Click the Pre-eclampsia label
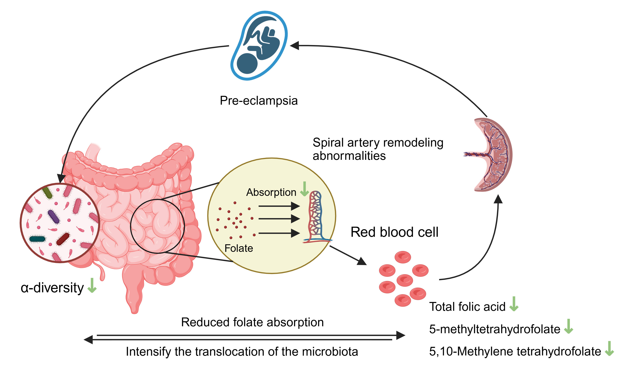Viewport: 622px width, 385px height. pos(258,101)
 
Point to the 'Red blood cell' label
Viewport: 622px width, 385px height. pos(394,232)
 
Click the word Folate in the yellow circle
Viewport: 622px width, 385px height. pos(239,248)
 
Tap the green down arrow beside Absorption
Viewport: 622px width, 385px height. pos(304,189)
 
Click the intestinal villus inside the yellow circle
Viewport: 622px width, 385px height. pos(316,216)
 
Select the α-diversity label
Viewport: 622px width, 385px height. pos(52,288)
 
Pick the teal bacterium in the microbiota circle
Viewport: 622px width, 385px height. pos(37,239)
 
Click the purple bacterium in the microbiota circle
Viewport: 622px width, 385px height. pos(54,216)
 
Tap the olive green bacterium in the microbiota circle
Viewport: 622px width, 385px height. pos(47,192)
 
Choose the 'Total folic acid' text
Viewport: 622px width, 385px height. pos(467,307)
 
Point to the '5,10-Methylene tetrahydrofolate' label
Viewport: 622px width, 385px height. pos(515,351)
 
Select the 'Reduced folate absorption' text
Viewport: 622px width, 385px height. pos(252,322)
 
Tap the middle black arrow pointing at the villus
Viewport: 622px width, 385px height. pos(279,219)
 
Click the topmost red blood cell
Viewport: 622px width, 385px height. pos(403,257)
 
